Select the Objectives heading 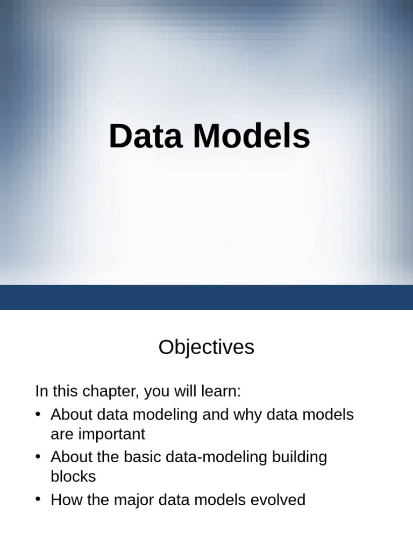point(206,348)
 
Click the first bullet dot point(38,415)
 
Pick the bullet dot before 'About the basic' point(38,457)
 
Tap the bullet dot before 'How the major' point(38,500)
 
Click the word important point(108,434)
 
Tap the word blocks point(73,476)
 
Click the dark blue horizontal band point(206,297)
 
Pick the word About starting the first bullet point(73,415)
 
